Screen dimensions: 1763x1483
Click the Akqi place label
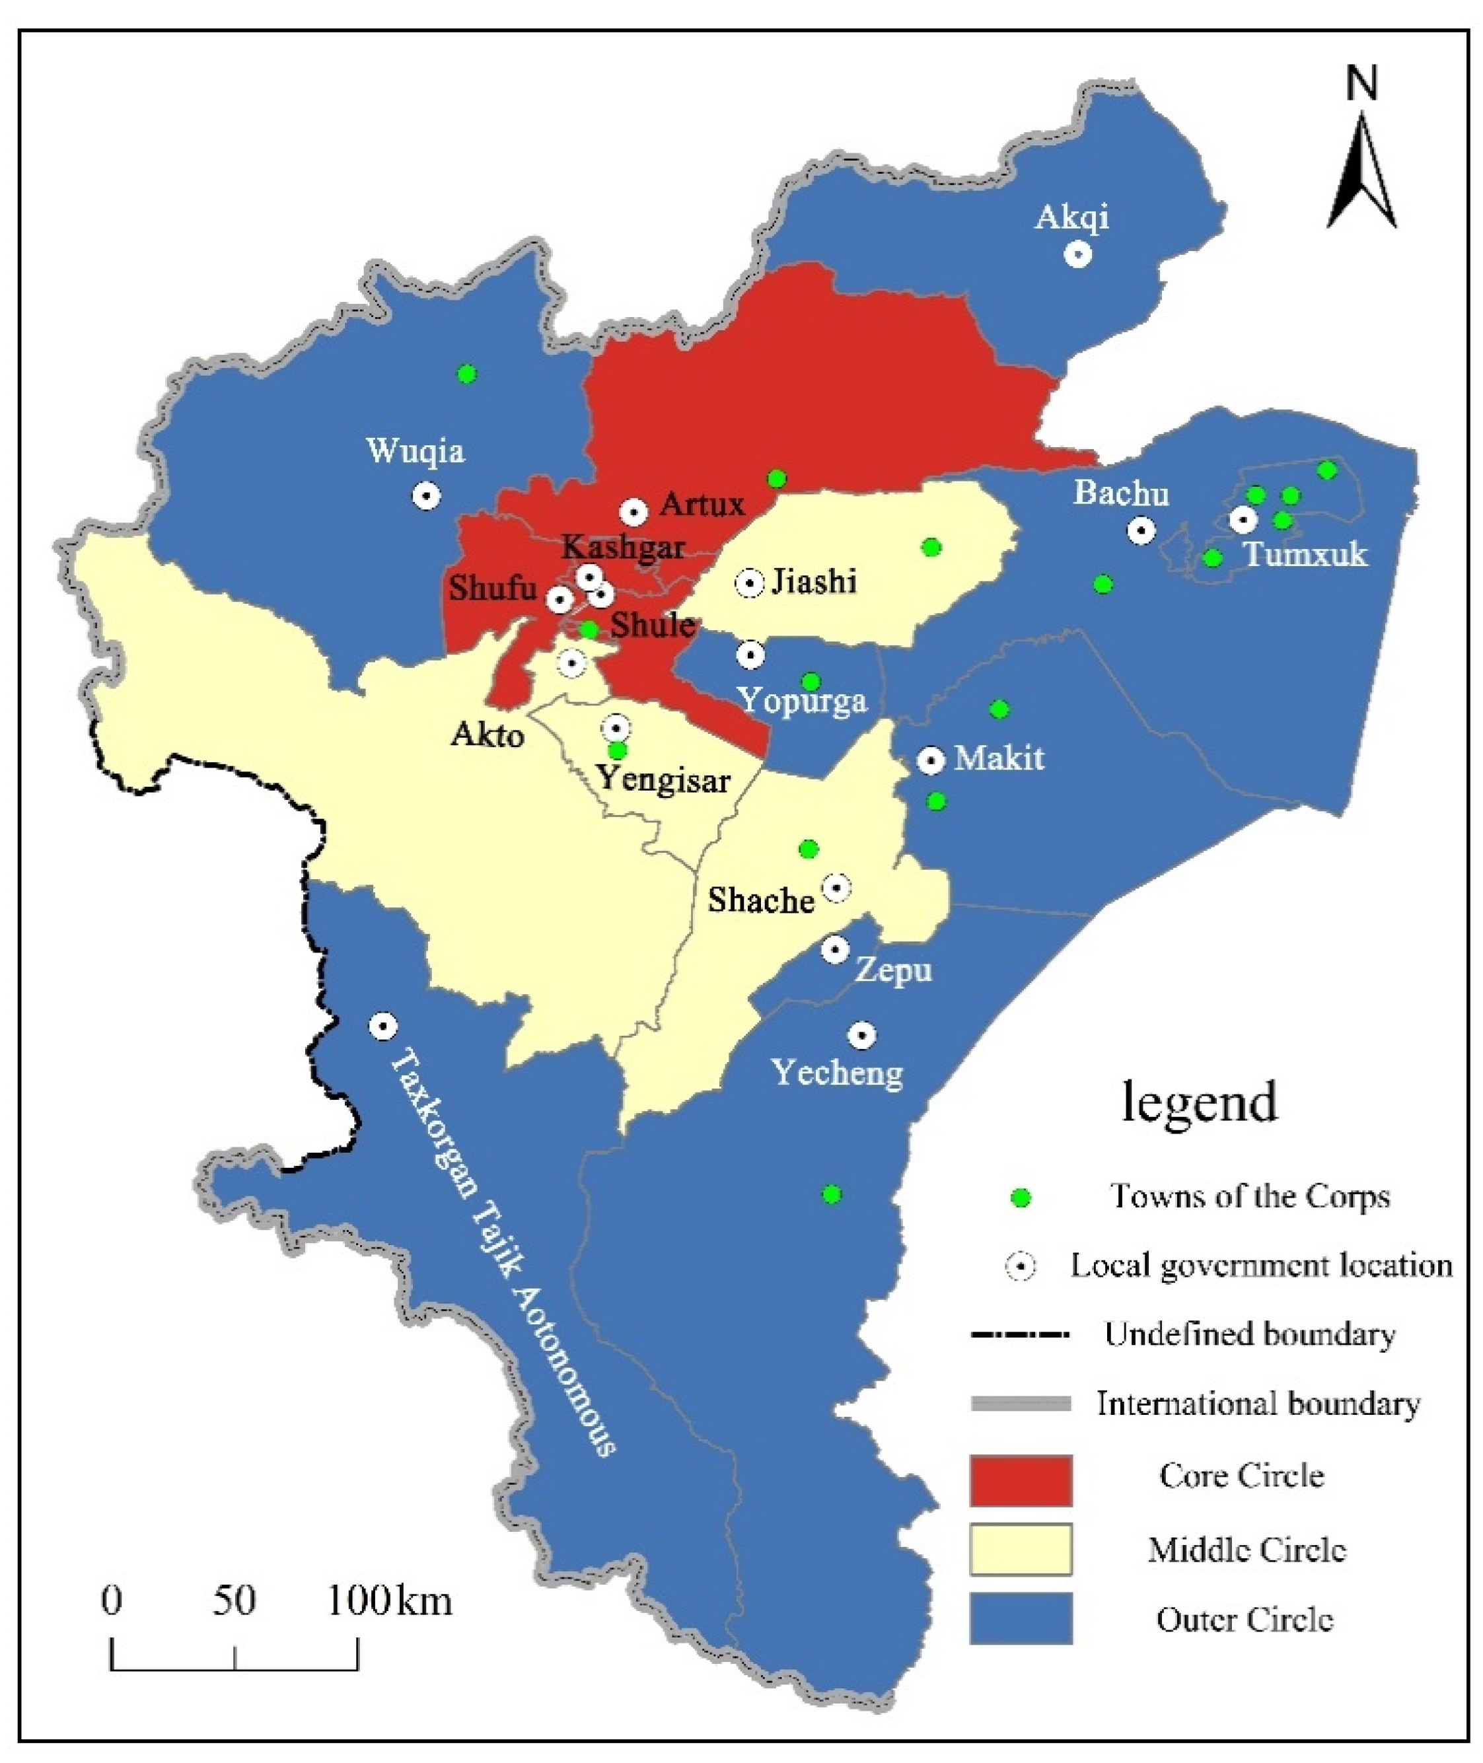point(1072,218)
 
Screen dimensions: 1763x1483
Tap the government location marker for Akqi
point(1078,254)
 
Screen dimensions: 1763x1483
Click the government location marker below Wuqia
point(426,495)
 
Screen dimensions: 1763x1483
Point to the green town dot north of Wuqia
point(466,373)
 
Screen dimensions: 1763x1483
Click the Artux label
point(702,505)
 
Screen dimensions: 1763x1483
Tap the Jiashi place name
point(813,581)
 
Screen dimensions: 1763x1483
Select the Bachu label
point(1120,493)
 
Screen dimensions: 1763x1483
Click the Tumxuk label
point(1305,555)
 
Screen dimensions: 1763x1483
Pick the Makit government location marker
point(930,760)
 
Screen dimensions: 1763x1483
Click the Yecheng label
point(838,1073)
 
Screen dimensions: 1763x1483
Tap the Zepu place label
point(893,971)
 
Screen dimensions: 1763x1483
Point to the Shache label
point(760,900)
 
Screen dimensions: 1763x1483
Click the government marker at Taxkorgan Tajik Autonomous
point(383,1026)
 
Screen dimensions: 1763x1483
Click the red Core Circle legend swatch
point(1021,1480)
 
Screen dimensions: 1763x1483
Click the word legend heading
point(1200,1102)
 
